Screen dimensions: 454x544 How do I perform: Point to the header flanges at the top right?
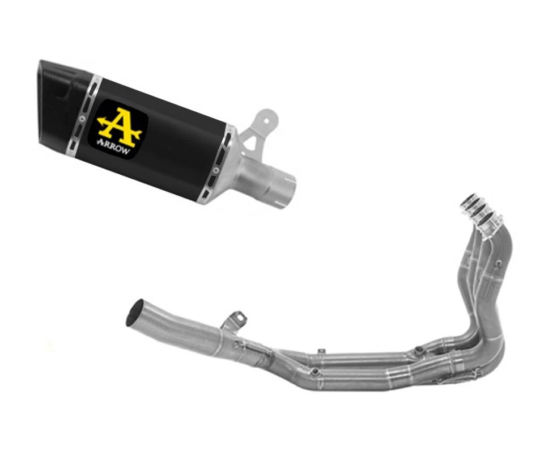pos(482,213)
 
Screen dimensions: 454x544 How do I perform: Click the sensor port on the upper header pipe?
pos(419,350)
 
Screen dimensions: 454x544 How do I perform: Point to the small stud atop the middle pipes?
pos(321,351)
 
